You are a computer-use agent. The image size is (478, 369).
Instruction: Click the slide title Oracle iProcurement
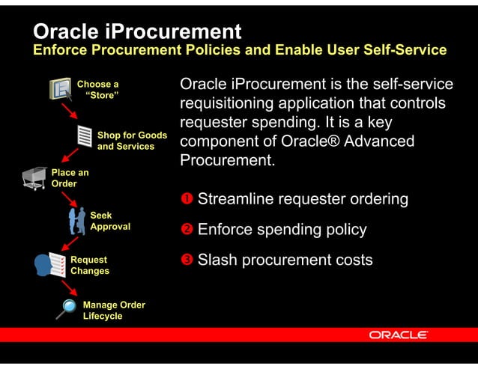point(137,31)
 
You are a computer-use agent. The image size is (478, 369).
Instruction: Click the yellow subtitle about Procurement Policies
point(239,50)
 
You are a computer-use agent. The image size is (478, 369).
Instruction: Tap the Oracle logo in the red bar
point(398,335)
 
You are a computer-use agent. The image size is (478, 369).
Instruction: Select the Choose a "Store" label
point(98,90)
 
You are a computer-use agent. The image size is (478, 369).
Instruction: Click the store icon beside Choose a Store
point(61,88)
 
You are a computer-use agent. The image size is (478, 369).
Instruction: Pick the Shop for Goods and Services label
point(132,141)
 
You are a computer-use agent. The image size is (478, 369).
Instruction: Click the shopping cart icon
point(34,178)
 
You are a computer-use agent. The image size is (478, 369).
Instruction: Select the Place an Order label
point(70,178)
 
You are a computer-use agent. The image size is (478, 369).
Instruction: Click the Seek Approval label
point(110,221)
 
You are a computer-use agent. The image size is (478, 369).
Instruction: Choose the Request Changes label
point(90,266)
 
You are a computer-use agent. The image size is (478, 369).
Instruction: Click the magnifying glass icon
point(67,308)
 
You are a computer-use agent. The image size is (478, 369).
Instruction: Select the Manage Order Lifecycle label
point(114,311)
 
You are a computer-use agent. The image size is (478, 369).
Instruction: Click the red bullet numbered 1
point(186,199)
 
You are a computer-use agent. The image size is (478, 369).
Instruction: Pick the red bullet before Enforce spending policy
point(186,230)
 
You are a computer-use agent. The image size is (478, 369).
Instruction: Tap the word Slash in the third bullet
point(218,260)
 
